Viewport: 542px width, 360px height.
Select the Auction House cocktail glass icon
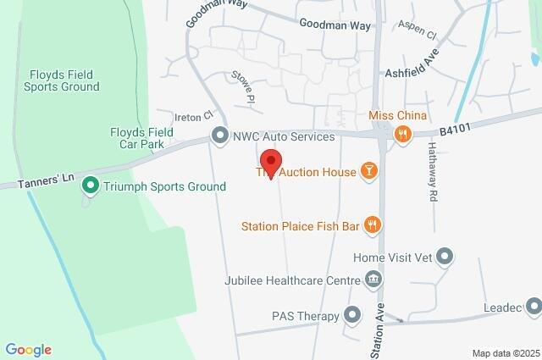click(368, 171)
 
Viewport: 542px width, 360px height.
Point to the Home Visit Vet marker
click(446, 256)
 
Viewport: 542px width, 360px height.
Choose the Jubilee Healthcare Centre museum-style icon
click(373, 280)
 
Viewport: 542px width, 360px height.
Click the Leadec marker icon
click(533, 306)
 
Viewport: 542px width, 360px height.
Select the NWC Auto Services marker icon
click(220, 136)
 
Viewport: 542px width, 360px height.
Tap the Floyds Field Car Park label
click(142, 139)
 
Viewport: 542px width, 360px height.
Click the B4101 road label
click(455, 130)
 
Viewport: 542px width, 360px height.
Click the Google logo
click(28, 350)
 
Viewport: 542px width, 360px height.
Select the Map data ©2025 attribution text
click(505, 353)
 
